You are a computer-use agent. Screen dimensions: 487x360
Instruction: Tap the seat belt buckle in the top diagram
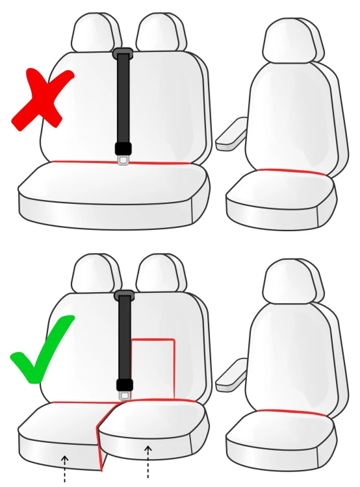point(123,154)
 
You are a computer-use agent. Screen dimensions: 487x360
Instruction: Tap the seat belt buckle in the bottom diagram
point(124,390)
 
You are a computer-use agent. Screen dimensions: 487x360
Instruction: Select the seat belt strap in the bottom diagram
point(124,338)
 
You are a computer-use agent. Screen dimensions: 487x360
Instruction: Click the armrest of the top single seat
point(231,134)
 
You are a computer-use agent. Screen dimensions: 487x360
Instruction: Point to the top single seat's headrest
point(292,40)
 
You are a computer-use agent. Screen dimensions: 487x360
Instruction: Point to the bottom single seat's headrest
point(292,282)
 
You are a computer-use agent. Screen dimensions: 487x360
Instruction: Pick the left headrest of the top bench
point(95,32)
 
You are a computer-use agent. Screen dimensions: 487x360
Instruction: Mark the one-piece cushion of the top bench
point(114,192)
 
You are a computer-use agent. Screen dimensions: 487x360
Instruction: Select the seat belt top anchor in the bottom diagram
point(123,295)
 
